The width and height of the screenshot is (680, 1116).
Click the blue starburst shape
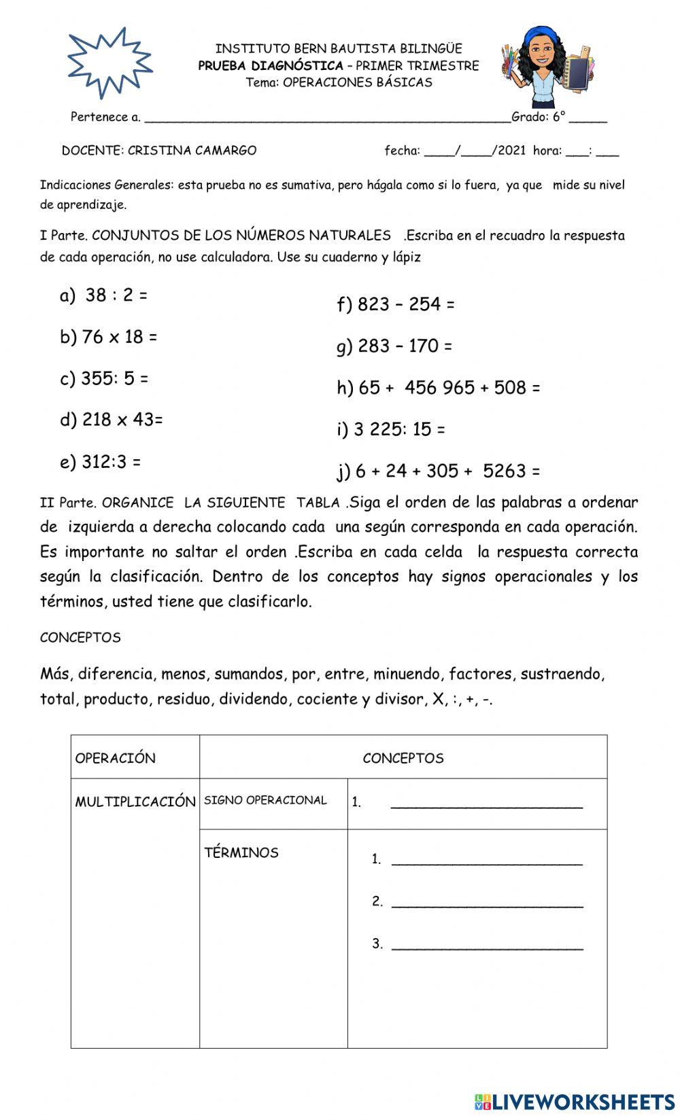pos(109,62)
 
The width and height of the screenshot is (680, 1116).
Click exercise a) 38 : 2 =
pos(104,295)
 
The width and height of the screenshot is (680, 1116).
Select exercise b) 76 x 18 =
pos(109,337)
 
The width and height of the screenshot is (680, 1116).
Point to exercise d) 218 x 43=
pos(112,420)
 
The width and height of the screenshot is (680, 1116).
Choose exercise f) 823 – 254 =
pos(396,304)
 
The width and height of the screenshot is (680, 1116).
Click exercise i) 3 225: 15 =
pos(391,429)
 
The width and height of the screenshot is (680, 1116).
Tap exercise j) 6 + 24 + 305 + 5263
pos(439,471)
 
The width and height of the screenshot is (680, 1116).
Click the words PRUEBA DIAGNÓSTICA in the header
pos(271,66)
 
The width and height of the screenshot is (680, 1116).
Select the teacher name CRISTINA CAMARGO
pos(192,151)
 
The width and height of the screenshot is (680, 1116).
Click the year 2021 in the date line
pos(512,151)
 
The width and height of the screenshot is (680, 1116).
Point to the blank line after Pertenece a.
pos(326,118)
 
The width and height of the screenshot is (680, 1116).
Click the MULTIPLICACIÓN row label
pos(135,802)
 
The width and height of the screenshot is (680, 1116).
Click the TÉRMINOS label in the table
pos(241,852)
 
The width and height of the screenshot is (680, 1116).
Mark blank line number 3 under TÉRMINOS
pos(486,944)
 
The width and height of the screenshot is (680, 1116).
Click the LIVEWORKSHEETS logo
pos(575,1101)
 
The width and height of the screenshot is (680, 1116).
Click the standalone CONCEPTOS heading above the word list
pos(80,637)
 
